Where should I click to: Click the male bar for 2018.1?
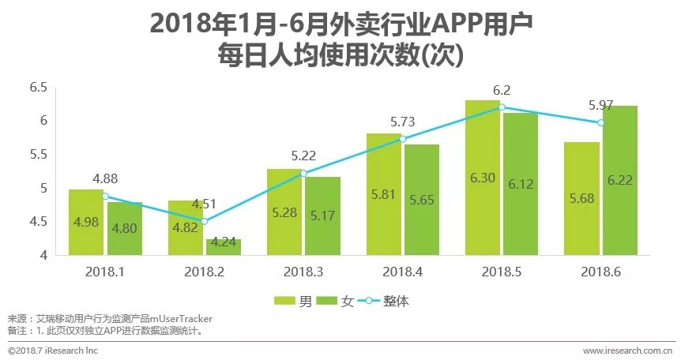coord(85,222)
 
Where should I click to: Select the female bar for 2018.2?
coord(224,246)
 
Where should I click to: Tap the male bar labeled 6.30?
coord(482,178)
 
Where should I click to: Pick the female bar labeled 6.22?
coord(619,180)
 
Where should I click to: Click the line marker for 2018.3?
coord(303,173)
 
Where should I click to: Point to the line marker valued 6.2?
coord(500,107)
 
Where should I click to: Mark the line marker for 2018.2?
coord(204,221)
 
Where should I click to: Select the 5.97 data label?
coord(600,105)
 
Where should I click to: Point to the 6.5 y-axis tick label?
coord(38,87)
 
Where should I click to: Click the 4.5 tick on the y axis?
coord(38,222)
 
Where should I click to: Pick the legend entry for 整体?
coord(386,300)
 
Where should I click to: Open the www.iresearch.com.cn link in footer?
coord(627,350)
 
